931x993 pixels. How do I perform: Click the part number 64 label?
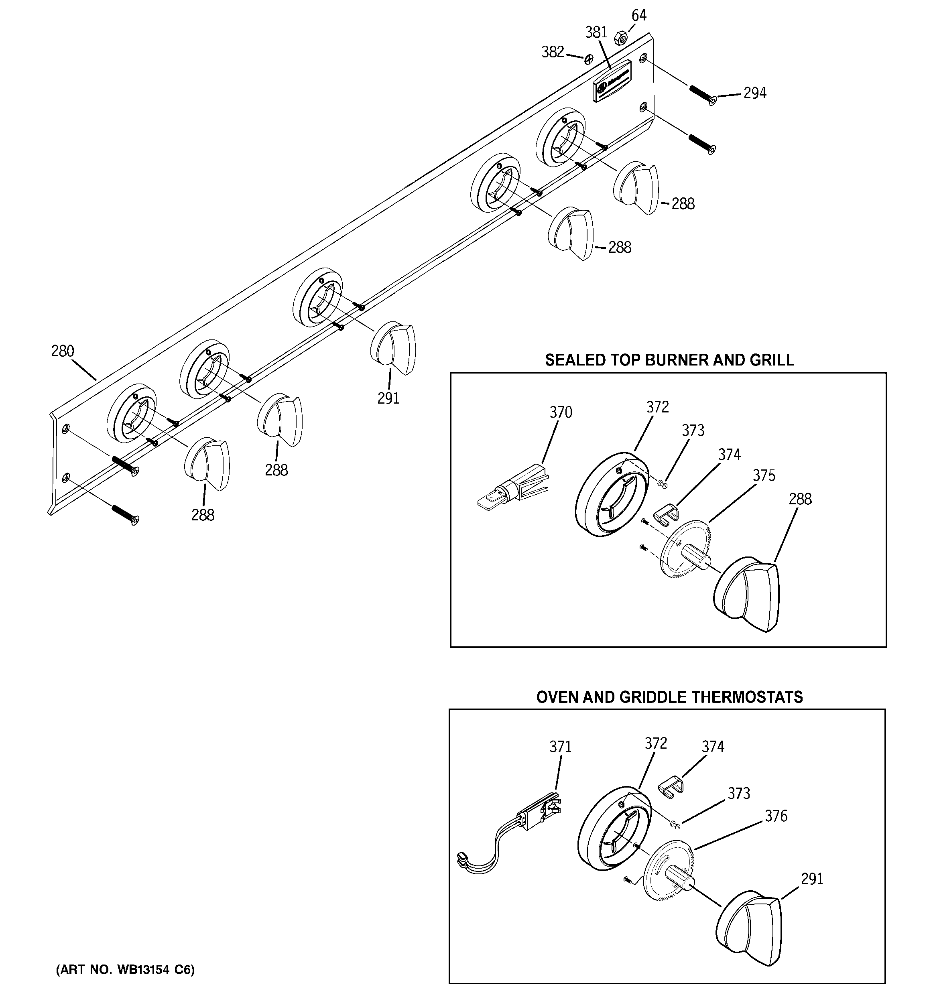point(638,16)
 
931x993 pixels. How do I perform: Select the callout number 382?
point(553,52)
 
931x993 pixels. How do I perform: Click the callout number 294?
point(754,93)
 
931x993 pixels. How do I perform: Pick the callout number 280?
point(63,351)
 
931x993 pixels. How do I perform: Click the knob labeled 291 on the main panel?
point(393,348)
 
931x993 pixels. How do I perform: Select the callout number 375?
point(764,475)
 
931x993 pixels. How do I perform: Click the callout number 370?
point(561,412)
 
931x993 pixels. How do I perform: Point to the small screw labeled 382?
point(589,59)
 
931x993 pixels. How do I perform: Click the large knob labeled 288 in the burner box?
point(746,595)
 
